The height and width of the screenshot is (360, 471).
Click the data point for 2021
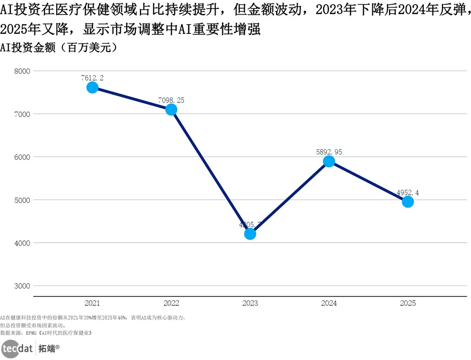point(92,88)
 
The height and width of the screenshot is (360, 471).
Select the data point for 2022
point(171,109)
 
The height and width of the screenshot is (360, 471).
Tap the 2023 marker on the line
point(250,234)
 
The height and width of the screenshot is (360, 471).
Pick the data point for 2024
point(329,161)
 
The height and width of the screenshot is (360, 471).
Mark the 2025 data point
point(408,202)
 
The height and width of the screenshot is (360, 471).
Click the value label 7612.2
point(92,78)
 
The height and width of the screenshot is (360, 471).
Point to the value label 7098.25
point(171,100)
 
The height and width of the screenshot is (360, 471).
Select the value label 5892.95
point(329,152)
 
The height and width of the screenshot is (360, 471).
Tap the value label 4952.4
point(408,193)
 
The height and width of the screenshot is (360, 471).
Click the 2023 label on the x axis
point(250,303)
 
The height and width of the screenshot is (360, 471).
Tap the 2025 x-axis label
point(408,303)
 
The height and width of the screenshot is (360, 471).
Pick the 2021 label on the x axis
point(92,303)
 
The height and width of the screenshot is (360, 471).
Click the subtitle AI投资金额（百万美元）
point(59,48)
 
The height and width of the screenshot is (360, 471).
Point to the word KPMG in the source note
point(32,333)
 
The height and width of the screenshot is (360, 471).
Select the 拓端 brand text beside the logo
point(47,348)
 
